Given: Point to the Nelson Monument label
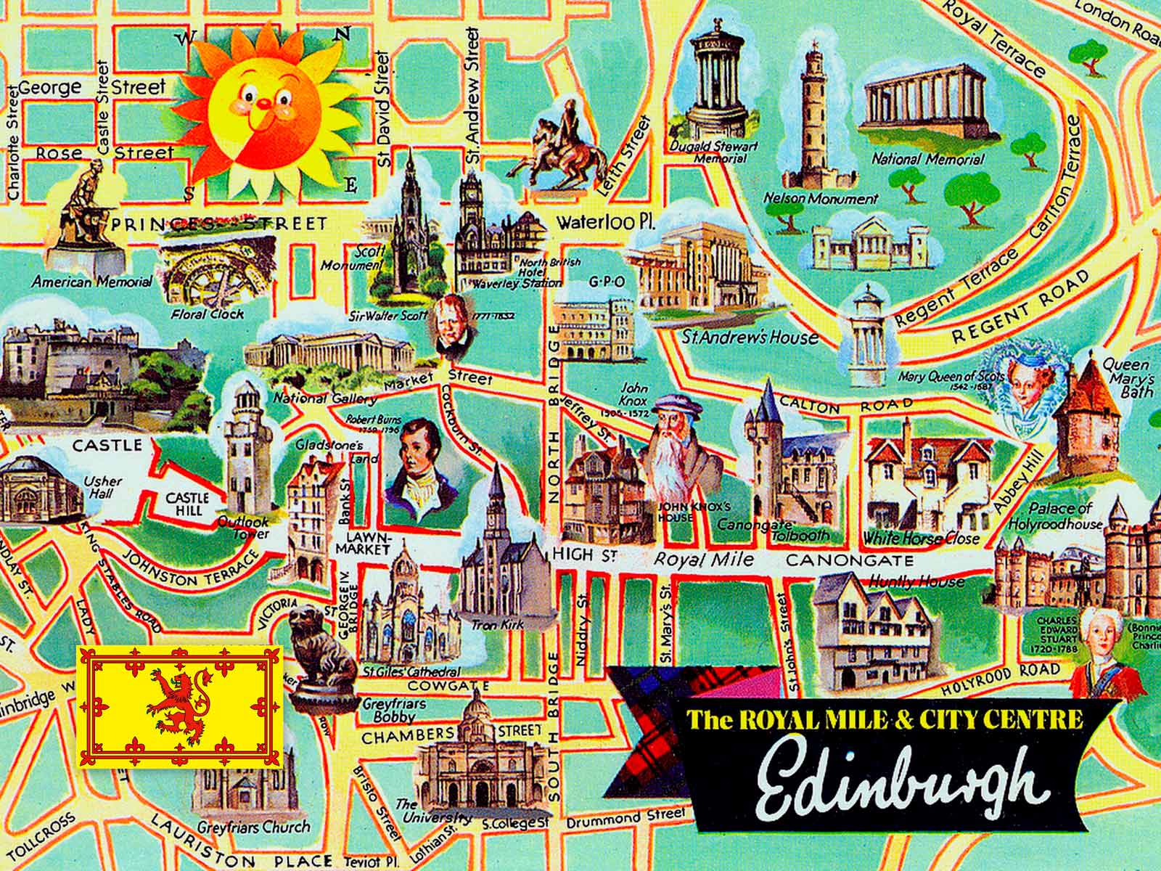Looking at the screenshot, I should [821, 198].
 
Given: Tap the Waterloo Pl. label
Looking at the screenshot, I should [605, 224].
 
